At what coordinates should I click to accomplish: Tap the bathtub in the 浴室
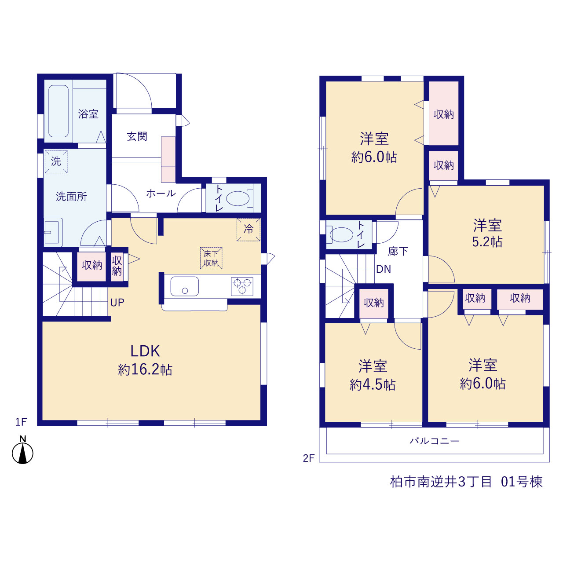(x=58, y=111)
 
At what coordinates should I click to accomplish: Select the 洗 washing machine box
(x=56, y=161)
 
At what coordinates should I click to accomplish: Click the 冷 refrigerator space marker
(x=249, y=230)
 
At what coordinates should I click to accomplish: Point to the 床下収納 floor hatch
(x=211, y=258)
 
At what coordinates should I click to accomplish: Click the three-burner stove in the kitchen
(x=242, y=286)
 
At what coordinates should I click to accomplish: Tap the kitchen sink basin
(x=185, y=286)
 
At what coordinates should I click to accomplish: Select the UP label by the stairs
(x=117, y=303)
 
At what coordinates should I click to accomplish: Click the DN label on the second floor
(x=384, y=269)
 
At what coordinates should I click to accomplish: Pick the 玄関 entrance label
(x=137, y=136)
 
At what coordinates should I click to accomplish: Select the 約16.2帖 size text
(x=145, y=370)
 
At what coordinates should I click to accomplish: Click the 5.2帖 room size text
(x=487, y=241)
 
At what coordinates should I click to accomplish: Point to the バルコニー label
(x=434, y=441)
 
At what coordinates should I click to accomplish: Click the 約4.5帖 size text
(x=373, y=385)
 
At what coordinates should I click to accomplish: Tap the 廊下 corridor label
(x=398, y=251)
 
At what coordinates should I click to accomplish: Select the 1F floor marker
(x=21, y=422)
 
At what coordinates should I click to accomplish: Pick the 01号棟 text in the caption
(x=522, y=482)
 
